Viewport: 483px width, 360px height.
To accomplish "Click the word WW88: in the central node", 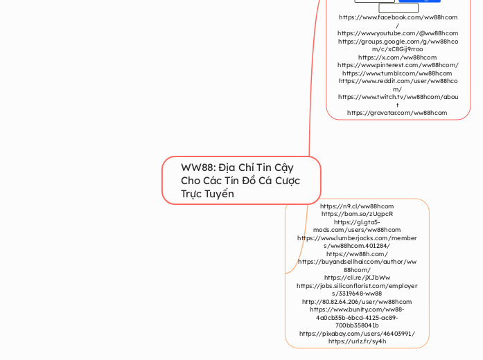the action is (196, 168).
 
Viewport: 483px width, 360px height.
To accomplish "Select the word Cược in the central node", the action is (287, 181).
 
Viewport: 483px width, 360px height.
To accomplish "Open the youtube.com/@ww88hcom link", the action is (398, 33).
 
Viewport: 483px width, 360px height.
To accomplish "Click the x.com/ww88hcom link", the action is (398, 57).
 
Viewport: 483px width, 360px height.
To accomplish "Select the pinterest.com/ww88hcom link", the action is (398, 65).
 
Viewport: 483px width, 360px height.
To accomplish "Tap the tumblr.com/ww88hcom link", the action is (398, 73).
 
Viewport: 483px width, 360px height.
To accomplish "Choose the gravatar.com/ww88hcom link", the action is (398, 113).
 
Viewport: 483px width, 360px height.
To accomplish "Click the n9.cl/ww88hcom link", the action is (357, 206).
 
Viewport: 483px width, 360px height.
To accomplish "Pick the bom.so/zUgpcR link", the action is (357, 214).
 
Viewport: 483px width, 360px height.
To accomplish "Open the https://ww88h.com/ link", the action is (357, 254).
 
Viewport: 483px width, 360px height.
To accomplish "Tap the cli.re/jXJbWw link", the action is (357, 278).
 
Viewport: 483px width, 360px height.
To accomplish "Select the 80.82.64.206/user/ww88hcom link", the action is (357, 302).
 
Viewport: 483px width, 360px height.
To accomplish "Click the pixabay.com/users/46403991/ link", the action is (357, 333).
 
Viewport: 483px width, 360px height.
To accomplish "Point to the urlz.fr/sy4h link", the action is (357, 341).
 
